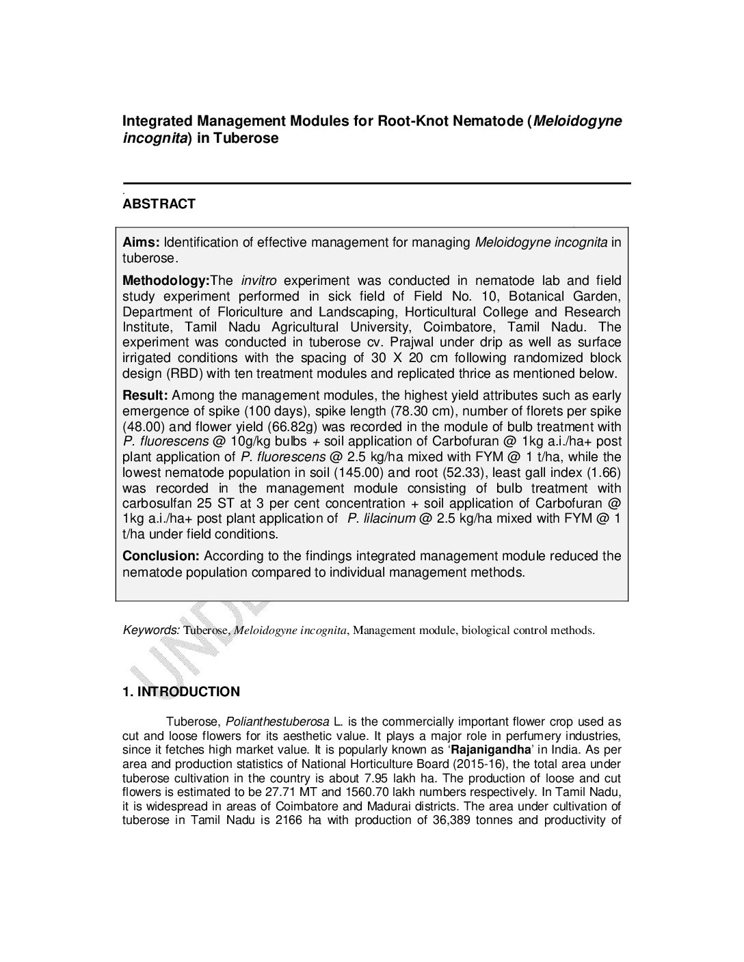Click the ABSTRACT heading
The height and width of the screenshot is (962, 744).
(159, 204)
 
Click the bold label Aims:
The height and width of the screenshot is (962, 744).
(141, 243)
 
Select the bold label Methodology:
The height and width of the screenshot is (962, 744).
(165, 280)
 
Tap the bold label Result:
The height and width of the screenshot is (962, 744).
(145, 395)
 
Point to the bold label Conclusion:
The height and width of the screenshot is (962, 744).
(161, 555)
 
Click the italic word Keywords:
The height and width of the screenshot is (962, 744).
(151, 629)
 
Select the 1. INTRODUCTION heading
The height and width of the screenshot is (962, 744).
(181, 691)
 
